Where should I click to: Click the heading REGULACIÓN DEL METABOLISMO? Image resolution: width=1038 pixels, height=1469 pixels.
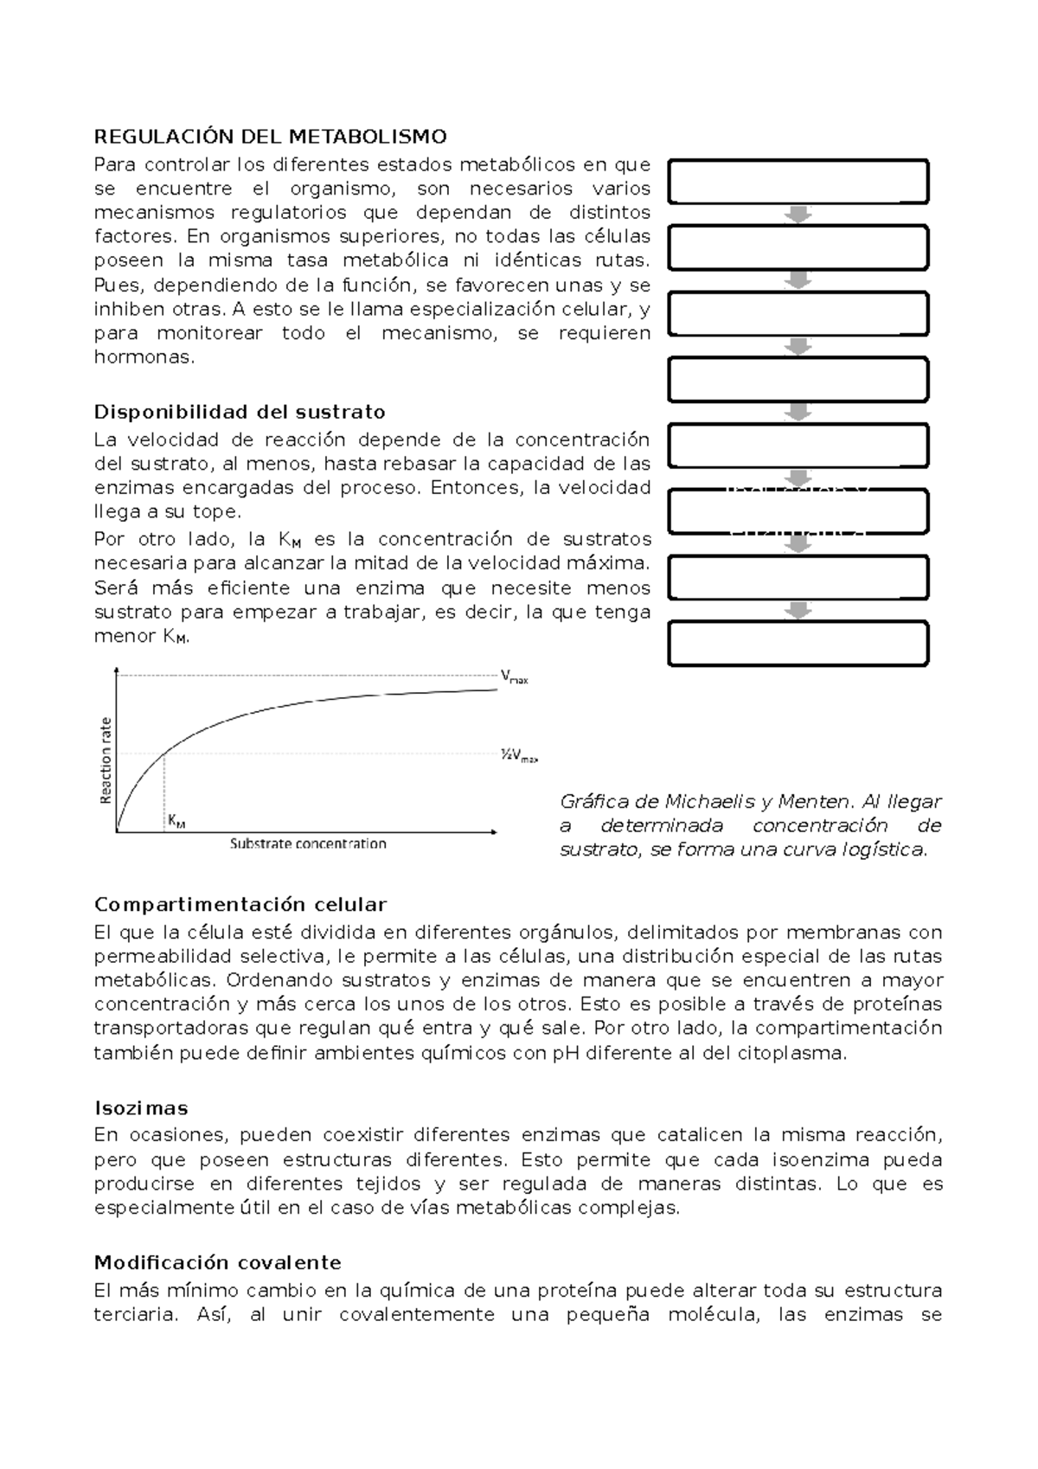(x=270, y=137)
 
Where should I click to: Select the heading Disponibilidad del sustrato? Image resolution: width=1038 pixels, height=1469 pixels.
(x=240, y=412)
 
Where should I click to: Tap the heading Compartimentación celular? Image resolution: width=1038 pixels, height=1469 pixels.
(x=240, y=905)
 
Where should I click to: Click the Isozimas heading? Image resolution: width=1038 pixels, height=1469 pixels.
(x=140, y=1109)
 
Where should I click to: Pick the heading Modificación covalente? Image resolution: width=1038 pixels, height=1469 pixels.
(x=217, y=1263)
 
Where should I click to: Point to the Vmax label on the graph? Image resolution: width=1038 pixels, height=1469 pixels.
(x=514, y=677)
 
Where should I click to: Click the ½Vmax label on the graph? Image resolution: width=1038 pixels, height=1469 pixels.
(x=518, y=755)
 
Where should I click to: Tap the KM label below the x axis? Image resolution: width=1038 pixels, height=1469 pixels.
(x=176, y=820)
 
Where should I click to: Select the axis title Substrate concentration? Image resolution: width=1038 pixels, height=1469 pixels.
(x=308, y=844)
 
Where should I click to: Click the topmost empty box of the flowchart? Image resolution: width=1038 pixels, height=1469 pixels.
(x=798, y=182)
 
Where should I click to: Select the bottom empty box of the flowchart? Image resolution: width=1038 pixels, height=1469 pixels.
(x=798, y=644)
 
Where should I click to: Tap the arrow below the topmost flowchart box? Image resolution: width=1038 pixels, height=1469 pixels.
(x=798, y=215)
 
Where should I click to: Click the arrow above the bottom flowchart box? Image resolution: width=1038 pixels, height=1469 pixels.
(x=798, y=611)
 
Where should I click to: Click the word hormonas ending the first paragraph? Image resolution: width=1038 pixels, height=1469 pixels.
(x=144, y=357)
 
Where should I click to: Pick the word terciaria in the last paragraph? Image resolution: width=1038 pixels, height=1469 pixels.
(x=134, y=1315)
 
